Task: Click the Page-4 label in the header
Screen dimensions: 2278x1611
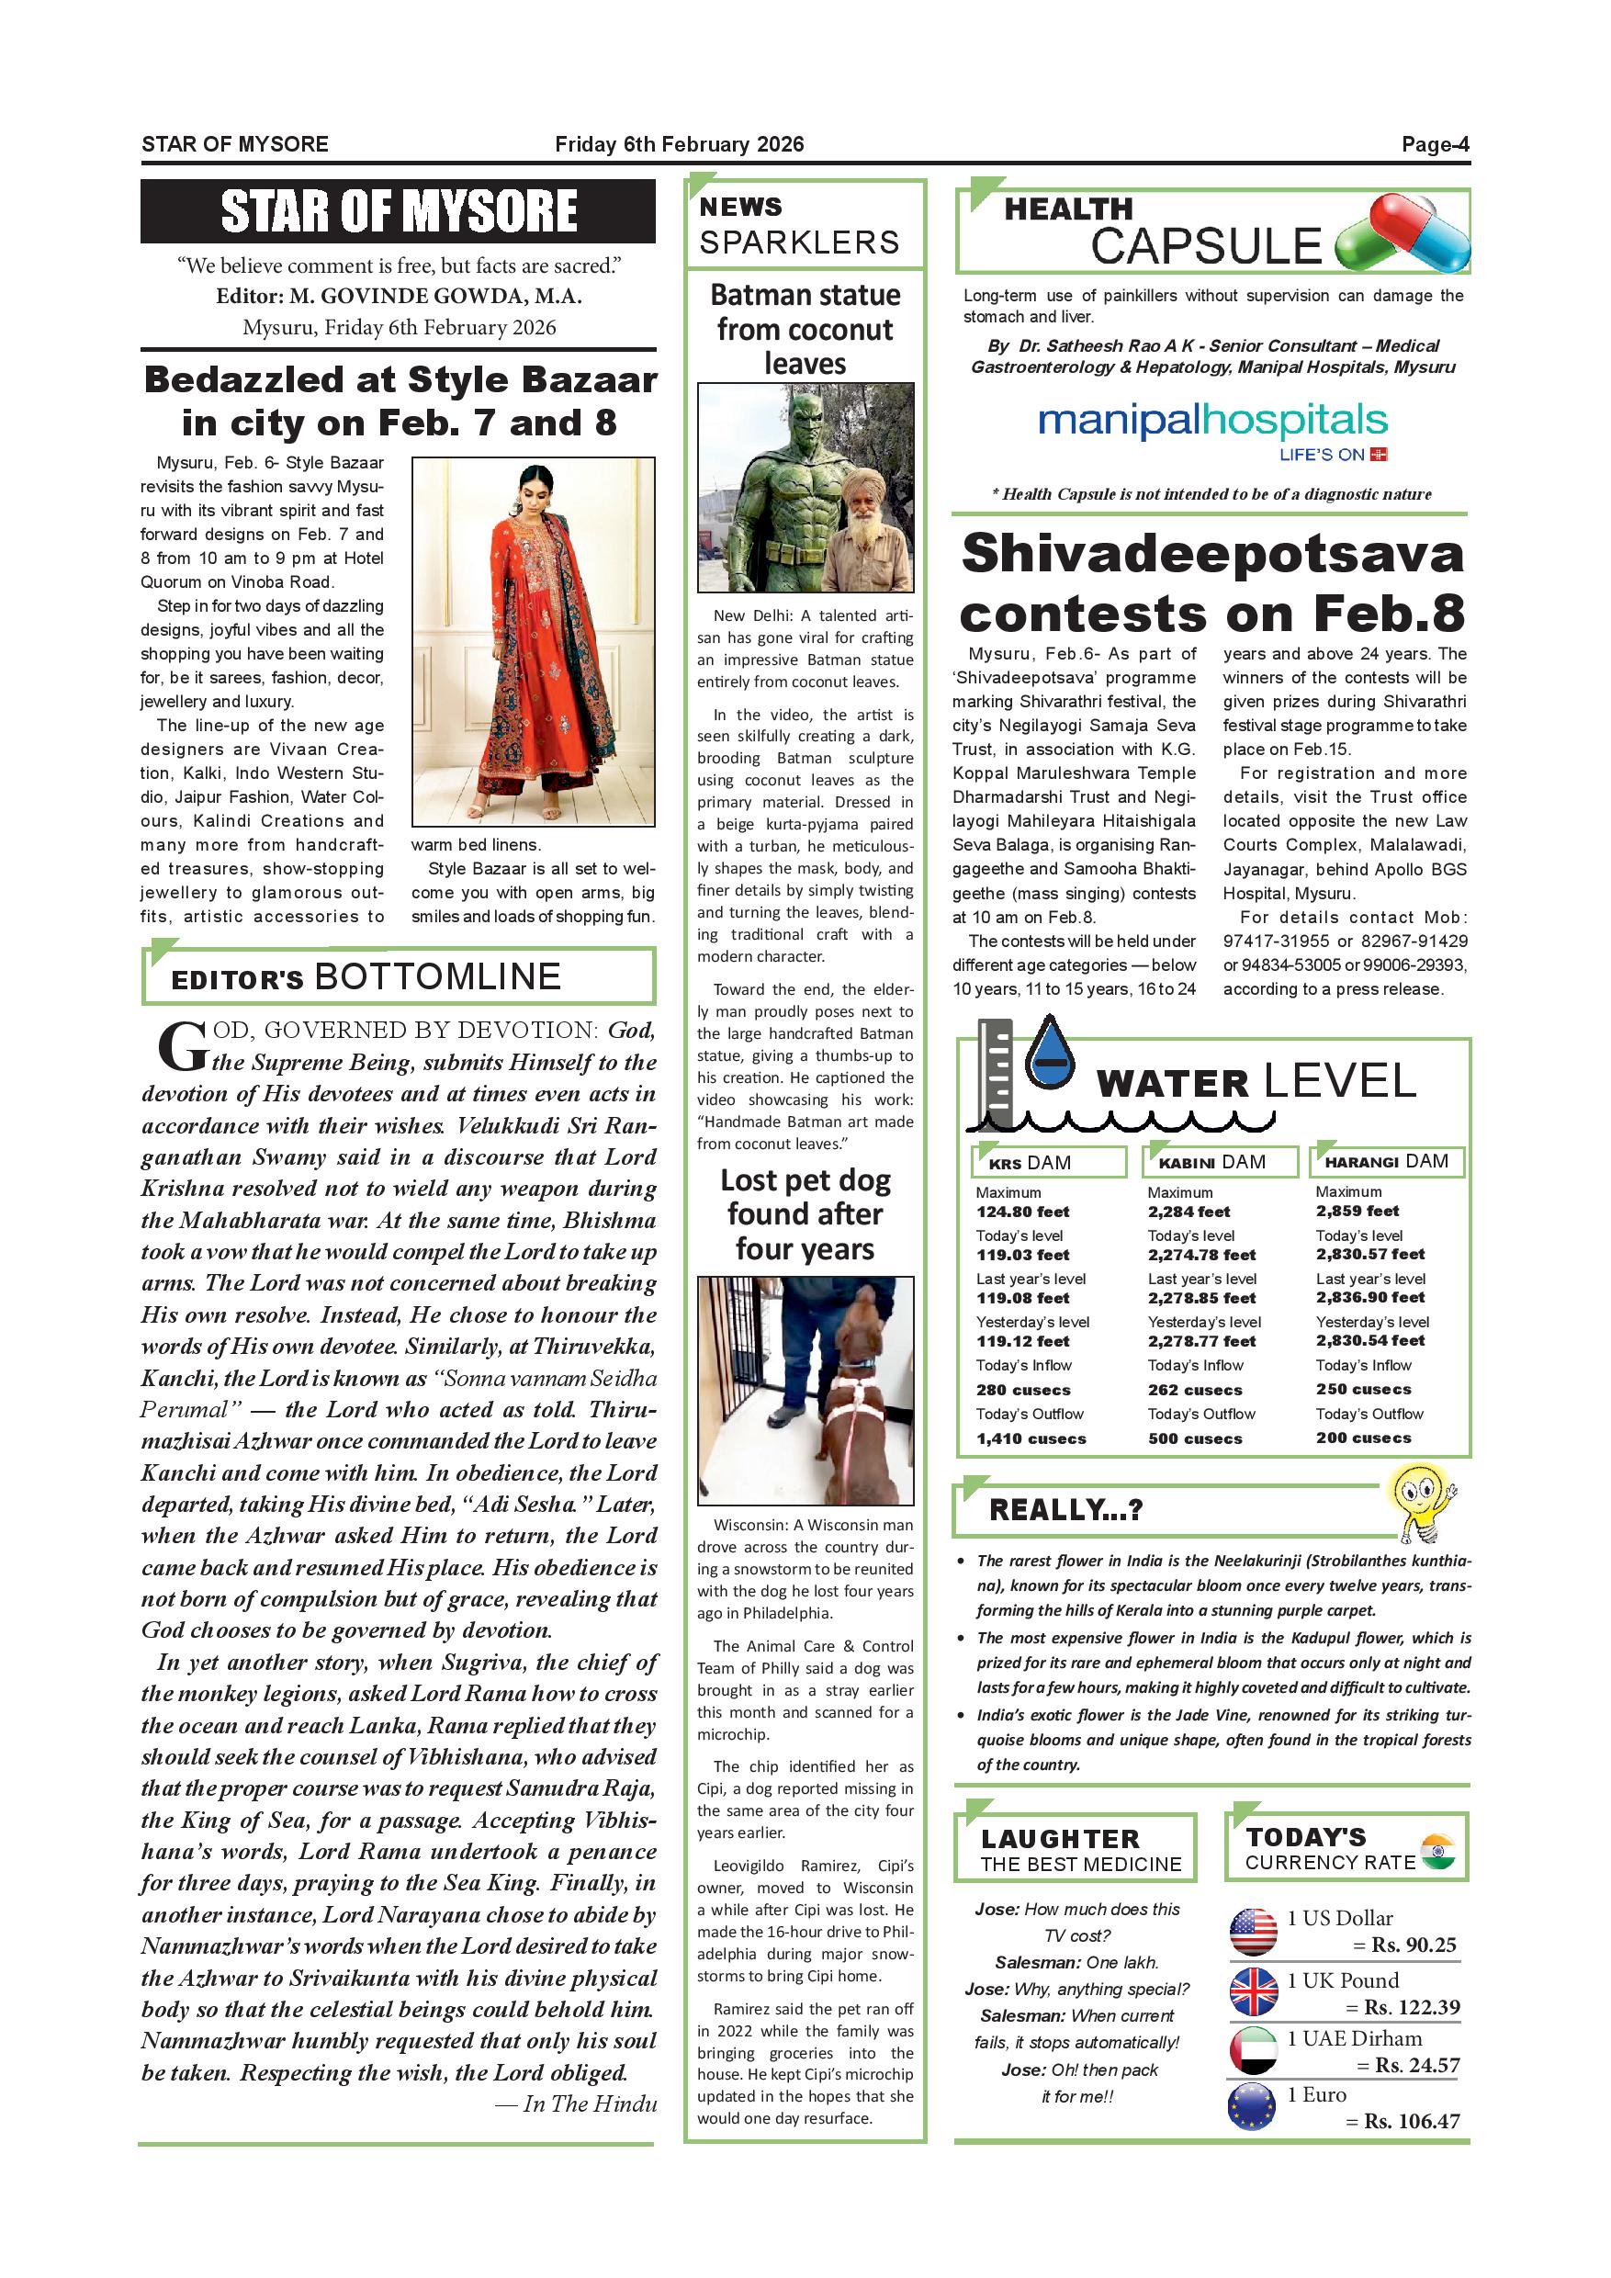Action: click(1435, 145)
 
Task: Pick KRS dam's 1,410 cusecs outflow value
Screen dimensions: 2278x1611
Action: click(1031, 1438)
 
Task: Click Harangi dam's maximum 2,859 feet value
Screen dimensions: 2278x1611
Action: click(1358, 1211)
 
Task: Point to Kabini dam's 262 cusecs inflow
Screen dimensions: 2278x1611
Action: click(1194, 1389)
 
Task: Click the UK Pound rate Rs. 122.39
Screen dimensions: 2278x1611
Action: click(1412, 2007)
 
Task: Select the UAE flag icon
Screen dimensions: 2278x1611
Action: click(1253, 2050)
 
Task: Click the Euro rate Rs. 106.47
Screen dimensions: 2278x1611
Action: click(1412, 2121)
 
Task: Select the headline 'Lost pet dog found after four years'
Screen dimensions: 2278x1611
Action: click(805, 1213)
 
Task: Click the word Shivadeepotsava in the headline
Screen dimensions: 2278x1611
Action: click(1212, 554)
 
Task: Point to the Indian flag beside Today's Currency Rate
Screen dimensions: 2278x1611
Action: click(1437, 1852)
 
